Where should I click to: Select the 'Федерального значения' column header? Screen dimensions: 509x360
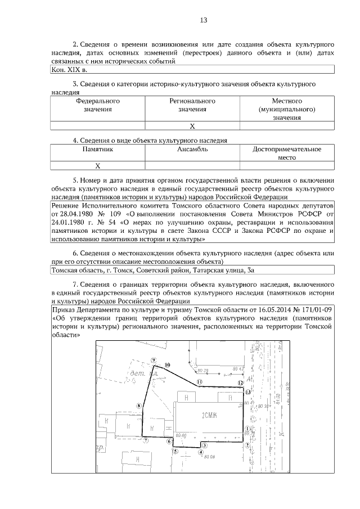coord(98,105)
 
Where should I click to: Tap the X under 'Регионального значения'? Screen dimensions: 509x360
coord(192,126)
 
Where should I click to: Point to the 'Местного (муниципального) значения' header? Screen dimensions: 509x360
coord(287,109)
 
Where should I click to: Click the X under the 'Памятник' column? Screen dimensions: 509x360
coord(98,166)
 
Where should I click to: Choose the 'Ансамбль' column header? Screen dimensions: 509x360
coord(192,149)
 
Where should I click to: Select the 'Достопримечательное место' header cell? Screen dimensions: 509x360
coord(287,153)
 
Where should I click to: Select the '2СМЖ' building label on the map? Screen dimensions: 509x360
coord(209,416)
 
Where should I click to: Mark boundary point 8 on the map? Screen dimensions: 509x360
coord(138,404)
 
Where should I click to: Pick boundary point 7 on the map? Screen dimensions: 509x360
coord(145,441)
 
